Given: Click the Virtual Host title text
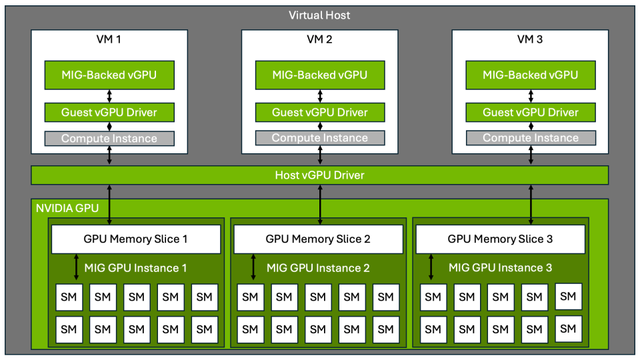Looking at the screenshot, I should click(x=319, y=15).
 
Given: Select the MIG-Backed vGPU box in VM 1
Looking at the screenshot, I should click(x=109, y=75).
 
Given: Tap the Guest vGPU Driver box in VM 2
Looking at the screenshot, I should click(x=320, y=112).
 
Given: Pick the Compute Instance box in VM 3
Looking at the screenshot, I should click(x=531, y=138).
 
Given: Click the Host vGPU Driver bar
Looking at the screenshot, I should click(x=320, y=175).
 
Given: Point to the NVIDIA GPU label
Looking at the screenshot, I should click(x=67, y=208).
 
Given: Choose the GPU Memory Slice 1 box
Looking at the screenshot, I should click(x=136, y=239).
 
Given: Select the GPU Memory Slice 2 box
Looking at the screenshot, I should click(x=318, y=239).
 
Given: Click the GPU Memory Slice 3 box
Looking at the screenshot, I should click(x=500, y=239).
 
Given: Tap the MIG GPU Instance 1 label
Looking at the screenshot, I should click(x=135, y=268).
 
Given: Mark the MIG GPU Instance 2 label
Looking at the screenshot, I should click(x=318, y=268).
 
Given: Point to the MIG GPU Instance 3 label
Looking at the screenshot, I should click(x=500, y=268).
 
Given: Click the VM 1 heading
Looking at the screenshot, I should click(x=109, y=39).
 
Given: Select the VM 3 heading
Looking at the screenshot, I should click(x=531, y=39).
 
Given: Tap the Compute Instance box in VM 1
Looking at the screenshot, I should click(x=109, y=139).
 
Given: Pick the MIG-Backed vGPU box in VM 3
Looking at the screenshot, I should click(x=531, y=75).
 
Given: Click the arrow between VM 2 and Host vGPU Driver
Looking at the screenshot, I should click(x=321, y=155).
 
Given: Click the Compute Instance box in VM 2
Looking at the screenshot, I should click(x=320, y=138).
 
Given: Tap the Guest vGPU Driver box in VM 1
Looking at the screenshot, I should click(x=109, y=112).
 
